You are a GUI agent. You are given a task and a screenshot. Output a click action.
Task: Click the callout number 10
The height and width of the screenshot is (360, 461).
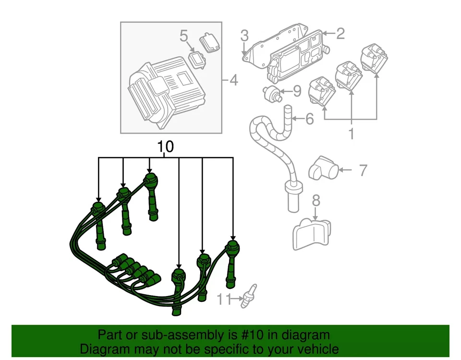pos(164,147)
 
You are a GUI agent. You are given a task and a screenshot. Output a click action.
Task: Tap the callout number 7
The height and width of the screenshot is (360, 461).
pos(363,170)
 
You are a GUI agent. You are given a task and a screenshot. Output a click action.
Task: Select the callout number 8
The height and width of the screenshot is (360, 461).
pos(315,200)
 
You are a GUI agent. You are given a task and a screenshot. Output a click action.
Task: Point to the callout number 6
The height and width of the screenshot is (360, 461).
pos(309,118)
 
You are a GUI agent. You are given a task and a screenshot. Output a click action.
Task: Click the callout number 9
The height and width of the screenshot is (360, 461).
pos(297,90)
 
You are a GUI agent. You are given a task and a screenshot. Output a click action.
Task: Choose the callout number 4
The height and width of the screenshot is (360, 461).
pos(233,80)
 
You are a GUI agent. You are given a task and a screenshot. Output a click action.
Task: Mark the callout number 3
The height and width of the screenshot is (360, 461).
pos(244,35)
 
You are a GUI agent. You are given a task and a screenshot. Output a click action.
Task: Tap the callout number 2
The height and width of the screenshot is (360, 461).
pos(340,33)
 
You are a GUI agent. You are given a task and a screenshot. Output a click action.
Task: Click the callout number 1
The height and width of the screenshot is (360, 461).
pos(351,133)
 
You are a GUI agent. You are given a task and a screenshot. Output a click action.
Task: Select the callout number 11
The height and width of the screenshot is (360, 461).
pos(223,299)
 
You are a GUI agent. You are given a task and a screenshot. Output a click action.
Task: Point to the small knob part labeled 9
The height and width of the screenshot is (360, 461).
pos(271,93)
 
